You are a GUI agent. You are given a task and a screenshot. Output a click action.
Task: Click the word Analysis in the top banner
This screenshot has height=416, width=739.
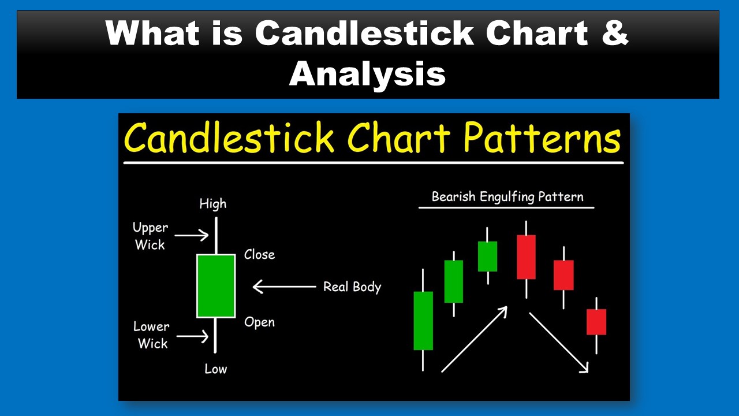click(368, 73)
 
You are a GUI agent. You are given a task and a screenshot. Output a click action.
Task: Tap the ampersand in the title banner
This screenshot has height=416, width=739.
click(615, 32)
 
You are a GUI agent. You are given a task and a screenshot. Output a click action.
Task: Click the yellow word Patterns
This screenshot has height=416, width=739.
click(542, 139)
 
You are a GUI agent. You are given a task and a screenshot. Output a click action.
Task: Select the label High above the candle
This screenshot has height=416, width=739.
click(213, 204)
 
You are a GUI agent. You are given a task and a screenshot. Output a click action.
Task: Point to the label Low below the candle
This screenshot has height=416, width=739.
click(216, 369)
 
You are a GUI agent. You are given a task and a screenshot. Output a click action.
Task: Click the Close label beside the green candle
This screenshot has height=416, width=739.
click(259, 255)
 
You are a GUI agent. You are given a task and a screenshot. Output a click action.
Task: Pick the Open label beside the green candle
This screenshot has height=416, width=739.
click(259, 322)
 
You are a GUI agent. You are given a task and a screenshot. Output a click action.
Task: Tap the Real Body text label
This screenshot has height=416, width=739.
click(352, 287)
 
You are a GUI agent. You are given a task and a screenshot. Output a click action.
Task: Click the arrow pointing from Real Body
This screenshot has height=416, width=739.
click(284, 287)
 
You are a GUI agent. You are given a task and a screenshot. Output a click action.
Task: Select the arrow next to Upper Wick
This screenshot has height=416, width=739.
click(191, 235)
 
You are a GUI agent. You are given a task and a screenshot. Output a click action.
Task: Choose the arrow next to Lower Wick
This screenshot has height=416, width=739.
click(192, 336)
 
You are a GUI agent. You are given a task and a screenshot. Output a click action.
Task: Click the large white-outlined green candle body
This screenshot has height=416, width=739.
click(216, 286)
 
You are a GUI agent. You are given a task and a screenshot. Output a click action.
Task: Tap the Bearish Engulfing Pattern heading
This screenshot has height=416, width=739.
click(507, 197)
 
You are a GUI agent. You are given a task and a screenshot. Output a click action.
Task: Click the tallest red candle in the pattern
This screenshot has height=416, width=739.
click(526, 257)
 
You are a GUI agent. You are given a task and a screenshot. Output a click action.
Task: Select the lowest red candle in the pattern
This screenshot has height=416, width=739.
click(596, 322)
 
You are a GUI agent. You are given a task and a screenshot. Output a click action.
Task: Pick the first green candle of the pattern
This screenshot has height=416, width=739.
click(423, 321)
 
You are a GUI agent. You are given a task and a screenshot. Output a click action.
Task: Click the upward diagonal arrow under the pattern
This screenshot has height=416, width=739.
click(475, 339)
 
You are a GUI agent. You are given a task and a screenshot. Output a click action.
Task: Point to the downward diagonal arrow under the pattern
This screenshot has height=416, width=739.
click(559, 343)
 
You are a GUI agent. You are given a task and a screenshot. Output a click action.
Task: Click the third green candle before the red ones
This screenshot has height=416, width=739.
click(488, 256)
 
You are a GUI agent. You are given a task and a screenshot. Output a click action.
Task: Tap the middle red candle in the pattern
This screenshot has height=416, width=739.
click(563, 275)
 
